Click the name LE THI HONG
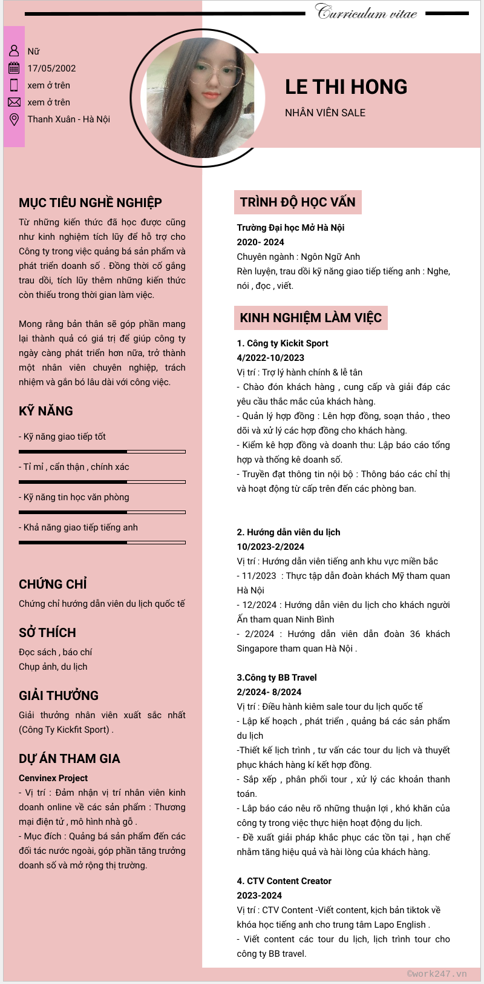pos(346,87)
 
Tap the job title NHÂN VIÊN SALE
pos(325,113)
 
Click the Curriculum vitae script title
pos(367,12)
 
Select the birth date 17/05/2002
pos(51,68)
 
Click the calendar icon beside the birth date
pos(14,68)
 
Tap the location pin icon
pos(14,119)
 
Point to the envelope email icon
pos(14,102)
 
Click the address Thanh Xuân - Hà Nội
pos(68,119)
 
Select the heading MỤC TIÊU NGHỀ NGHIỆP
pos(90,203)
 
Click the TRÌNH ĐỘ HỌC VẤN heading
pos(298,202)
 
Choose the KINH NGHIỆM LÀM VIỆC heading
pos(310,318)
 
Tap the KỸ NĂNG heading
pos(46,411)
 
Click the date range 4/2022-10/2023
pos(270,358)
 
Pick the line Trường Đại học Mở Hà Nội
pos(290,228)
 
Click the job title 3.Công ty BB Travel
pos(276,678)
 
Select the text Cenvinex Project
pos(53,778)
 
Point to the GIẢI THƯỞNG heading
pos(59,696)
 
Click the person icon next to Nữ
pos(14,51)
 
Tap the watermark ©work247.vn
pos(437,974)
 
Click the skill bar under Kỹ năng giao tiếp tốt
pos(102,452)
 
